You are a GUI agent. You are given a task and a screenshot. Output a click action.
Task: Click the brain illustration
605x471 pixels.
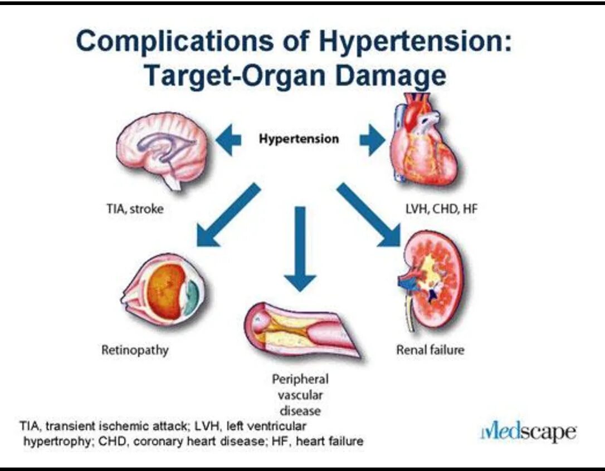(x=162, y=149)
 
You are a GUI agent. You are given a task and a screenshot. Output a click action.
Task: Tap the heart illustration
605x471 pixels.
(x=423, y=142)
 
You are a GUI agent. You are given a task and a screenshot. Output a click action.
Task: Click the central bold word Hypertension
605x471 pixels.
(x=299, y=139)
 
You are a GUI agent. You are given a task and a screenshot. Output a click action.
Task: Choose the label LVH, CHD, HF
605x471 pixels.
(x=441, y=210)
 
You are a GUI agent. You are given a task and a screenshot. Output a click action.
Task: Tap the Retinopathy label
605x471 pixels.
(x=135, y=351)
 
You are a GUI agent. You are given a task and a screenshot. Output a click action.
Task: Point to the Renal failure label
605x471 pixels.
(x=430, y=351)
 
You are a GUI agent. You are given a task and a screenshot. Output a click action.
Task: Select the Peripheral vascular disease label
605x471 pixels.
(x=300, y=395)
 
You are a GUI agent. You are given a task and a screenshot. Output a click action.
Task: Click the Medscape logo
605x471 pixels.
(x=528, y=433)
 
